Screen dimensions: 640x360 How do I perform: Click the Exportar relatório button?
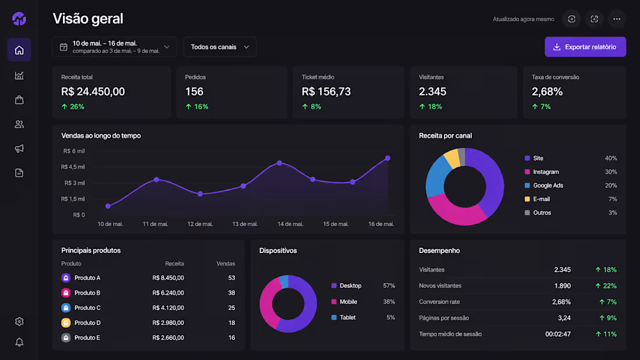585,47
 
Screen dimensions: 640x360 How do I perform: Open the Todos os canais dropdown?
220,47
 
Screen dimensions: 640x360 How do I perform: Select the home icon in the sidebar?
19,50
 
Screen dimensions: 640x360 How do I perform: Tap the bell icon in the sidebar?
19,342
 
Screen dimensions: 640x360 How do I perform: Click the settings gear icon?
19,322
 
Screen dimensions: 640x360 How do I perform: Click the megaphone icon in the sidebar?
19,148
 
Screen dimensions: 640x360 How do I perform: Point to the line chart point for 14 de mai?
280,163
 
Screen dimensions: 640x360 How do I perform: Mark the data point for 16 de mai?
387,158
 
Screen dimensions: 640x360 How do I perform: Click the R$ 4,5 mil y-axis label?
73,167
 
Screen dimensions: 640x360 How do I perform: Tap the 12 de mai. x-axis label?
200,224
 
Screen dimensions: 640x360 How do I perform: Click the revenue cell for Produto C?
168,308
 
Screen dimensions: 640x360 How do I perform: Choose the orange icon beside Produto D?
66,323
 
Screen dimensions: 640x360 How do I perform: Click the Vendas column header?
226,263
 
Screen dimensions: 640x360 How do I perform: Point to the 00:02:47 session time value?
558,334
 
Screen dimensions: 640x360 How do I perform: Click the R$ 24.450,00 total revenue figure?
93,91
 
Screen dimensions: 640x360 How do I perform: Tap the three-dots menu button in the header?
617,19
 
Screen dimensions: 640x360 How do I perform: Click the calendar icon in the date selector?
63,47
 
